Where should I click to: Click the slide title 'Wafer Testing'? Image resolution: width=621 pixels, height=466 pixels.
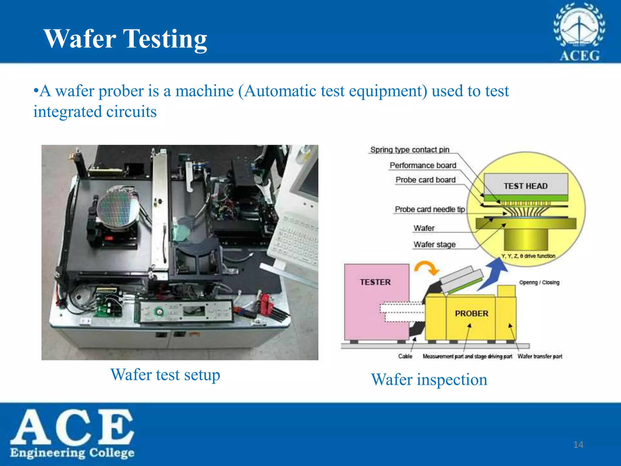(x=125, y=39)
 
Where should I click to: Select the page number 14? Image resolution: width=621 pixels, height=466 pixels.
(x=578, y=445)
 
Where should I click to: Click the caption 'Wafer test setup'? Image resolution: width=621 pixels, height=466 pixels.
(x=165, y=375)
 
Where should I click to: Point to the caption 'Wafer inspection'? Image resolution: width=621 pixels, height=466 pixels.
(x=429, y=380)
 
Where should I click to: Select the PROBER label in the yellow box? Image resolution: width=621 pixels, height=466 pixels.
(x=472, y=313)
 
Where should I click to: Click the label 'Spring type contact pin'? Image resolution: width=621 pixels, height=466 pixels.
(x=410, y=150)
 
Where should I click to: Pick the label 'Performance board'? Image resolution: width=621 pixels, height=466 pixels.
(x=423, y=165)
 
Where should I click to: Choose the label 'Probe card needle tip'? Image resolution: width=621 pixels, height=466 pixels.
(x=430, y=209)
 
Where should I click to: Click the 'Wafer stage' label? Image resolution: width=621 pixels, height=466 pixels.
(x=435, y=245)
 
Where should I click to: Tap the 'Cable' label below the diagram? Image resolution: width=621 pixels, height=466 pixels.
(x=405, y=356)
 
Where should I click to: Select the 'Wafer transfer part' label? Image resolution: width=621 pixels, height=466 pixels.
(x=540, y=356)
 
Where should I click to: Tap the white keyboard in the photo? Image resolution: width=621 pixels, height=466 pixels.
(x=296, y=240)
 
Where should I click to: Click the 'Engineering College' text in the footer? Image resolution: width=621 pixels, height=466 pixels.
(x=72, y=453)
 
